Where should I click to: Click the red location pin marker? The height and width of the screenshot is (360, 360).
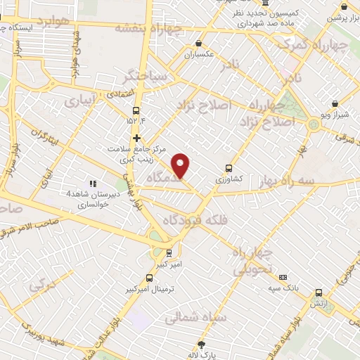(181, 165)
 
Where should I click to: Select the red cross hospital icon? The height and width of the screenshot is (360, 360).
(136, 138)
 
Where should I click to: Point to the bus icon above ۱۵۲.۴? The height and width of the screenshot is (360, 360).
(136, 110)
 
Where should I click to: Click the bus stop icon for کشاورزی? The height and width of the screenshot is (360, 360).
(229, 168)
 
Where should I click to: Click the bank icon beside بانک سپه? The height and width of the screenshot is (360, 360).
(283, 277)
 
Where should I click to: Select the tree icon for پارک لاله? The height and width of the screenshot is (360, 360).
(202, 344)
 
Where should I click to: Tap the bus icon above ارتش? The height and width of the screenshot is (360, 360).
(319, 292)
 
